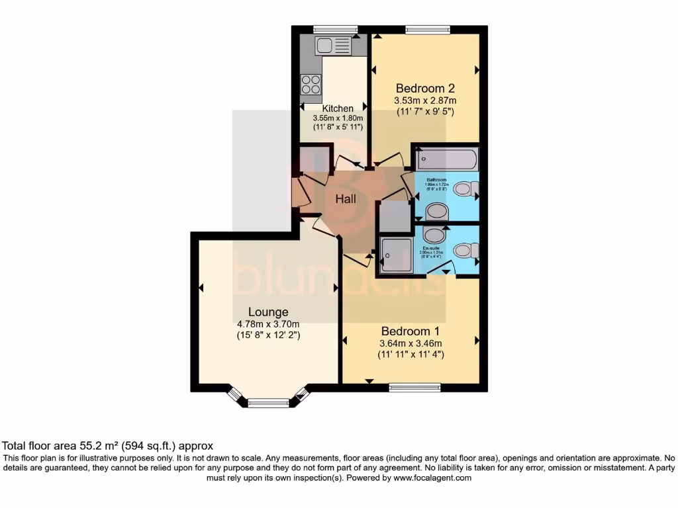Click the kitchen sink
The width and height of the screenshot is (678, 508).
coord(333,46)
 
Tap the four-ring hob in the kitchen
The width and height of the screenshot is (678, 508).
coord(311,85)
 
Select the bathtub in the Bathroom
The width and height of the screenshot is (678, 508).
coord(447,160)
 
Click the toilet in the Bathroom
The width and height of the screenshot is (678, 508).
coord(466,189)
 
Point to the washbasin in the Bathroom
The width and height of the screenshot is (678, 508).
coord(436,212)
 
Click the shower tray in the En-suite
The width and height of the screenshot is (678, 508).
coord(396,255)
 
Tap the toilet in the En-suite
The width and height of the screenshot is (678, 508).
coord(466,251)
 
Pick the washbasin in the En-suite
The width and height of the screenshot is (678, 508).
coord(434,235)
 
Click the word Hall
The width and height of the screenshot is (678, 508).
coord(346,199)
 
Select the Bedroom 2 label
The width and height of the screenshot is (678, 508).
coord(425,88)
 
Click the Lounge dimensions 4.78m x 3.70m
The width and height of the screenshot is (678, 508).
coord(268,324)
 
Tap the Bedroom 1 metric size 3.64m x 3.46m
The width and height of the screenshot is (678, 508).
coord(411,343)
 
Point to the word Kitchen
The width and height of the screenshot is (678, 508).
coord(338,108)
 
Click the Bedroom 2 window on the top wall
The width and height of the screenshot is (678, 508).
coord(427,28)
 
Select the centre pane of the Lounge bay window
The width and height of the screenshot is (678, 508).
coord(268,402)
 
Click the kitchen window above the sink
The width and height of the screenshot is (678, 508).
coord(335,28)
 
